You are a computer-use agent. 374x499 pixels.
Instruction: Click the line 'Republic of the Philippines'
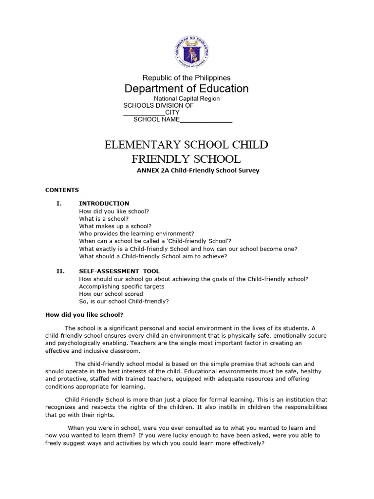click(187, 78)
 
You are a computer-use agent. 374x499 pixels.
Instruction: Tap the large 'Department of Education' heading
click(187, 89)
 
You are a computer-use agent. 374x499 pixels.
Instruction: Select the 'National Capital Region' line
click(187, 98)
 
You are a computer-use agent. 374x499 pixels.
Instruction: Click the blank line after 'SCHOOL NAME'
click(206, 119)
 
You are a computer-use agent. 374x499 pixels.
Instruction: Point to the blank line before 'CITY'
click(144, 113)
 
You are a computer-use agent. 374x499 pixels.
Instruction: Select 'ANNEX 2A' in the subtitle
click(151, 171)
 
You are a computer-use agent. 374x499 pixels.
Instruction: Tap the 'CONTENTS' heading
click(62, 190)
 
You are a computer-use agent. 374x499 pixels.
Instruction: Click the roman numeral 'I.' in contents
click(59, 204)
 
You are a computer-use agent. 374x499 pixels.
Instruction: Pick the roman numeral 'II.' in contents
click(60, 271)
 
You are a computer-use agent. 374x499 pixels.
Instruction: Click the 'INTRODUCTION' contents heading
click(104, 204)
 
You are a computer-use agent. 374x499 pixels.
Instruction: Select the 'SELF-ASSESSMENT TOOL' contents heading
click(119, 271)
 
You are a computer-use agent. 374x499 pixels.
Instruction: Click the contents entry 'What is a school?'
click(104, 219)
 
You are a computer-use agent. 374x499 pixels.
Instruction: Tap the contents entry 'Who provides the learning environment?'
click(136, 234)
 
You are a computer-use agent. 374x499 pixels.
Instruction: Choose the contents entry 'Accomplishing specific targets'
click(122, 287)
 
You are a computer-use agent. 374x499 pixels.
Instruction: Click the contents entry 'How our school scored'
click(111, 294)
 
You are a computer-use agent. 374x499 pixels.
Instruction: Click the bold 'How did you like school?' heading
click(84, 315)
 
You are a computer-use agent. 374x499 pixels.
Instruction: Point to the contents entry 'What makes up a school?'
click(115, 226)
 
